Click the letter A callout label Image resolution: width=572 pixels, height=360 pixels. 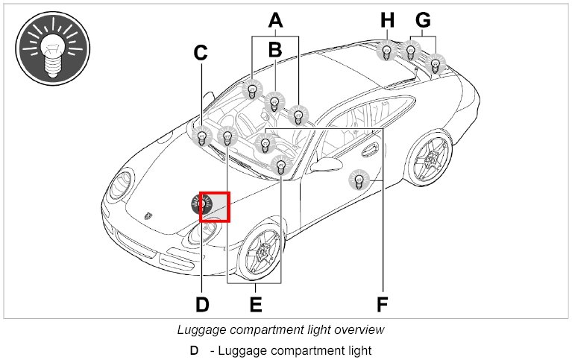[x=276, y=20]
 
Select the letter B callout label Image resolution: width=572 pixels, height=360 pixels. [x=275, y=50]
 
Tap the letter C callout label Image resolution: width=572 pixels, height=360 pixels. [x=200, y=53]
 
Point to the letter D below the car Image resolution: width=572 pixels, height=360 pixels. [x=202, y=304]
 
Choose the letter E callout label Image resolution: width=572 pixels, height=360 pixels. [x=255, y=304]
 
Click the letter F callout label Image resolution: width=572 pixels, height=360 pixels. [x=383, y=304]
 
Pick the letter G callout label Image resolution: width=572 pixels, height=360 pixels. [x=423, y=20]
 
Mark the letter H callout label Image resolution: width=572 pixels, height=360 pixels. [x=386, y=20]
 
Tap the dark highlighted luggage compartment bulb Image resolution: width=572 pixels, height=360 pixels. [x=201, y=203]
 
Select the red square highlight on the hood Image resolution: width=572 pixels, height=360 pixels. [x=215, y=206]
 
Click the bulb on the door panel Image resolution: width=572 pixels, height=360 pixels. [x=359, y=180]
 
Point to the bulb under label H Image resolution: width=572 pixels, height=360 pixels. [x=387, y=52]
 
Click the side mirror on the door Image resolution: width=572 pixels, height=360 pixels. [x=326, y=163]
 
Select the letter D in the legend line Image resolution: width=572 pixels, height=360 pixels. [x=194, y=350]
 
